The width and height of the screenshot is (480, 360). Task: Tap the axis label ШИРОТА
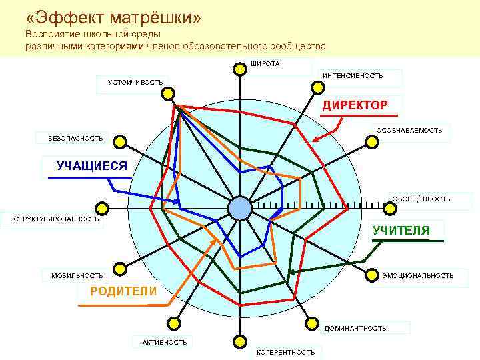(265, 64)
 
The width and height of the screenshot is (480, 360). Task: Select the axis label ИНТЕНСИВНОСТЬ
(353, 76)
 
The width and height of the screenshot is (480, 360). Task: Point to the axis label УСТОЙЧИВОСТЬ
(135, 82)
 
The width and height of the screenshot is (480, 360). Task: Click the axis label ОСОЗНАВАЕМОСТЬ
(409, 130)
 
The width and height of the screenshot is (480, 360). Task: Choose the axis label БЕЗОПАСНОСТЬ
(75, 138)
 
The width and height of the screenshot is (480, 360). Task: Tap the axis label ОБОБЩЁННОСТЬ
(421, 199)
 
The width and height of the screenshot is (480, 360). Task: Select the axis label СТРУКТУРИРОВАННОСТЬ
(51, 219)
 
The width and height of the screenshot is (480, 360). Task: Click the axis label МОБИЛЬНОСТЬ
(77, 275)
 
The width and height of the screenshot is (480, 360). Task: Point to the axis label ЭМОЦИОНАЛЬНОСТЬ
(417, 275)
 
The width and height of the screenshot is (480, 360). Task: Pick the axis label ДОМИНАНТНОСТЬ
(355, 328)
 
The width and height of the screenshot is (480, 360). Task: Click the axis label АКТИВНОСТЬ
(164, 342)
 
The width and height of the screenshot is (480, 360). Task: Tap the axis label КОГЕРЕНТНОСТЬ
(285, 352)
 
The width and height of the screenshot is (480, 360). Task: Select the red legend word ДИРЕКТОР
(355, 105)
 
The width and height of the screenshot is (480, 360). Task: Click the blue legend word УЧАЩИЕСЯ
(91, 166)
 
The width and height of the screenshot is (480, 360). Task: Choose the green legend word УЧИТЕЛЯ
(401, 231)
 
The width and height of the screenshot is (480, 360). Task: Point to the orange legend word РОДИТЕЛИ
(123, 291)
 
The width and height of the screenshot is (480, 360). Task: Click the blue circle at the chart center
(239, 209)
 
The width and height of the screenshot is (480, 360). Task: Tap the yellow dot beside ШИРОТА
(239, 68)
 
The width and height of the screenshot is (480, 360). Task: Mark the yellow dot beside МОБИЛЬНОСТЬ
(120, 269)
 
